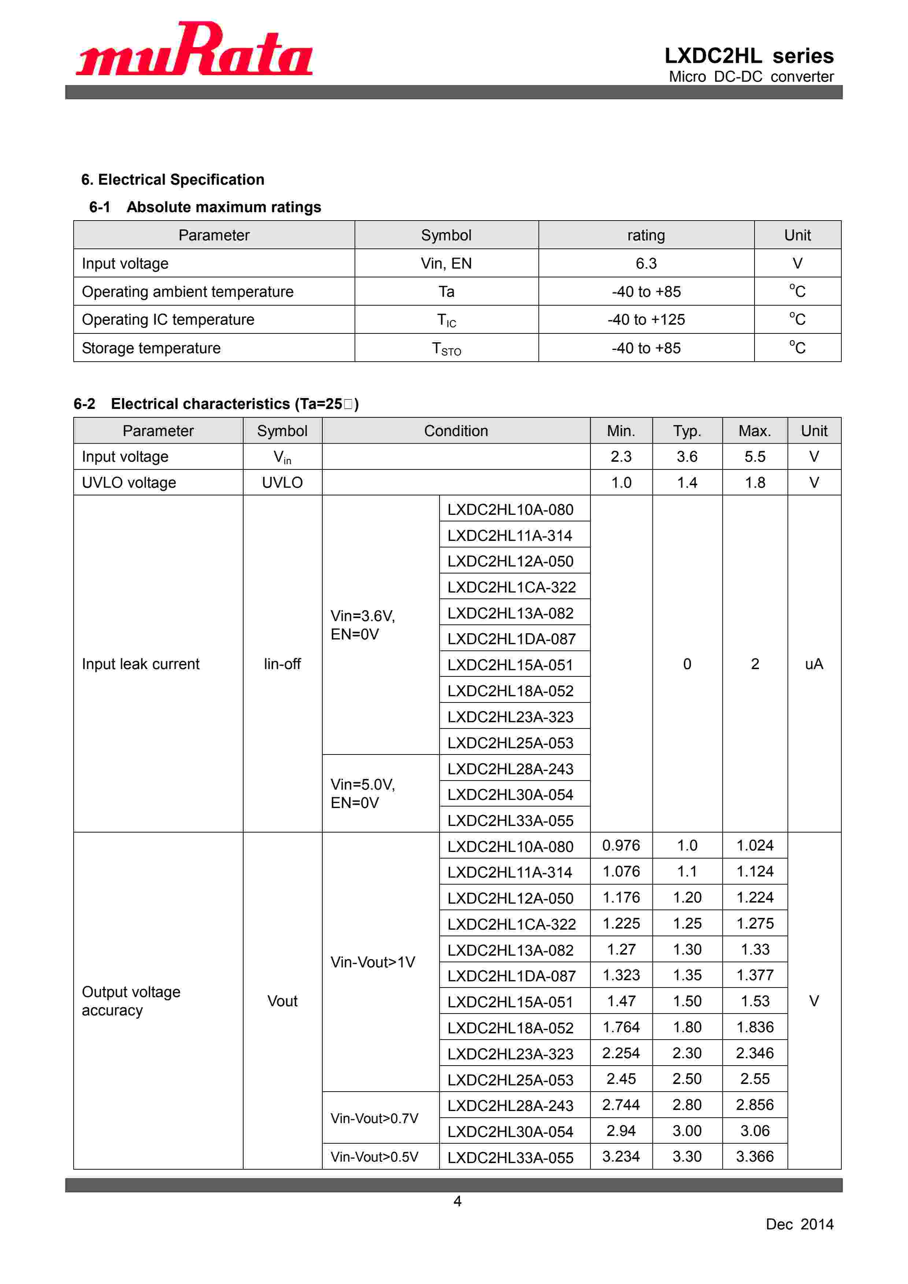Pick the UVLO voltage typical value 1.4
point(687,483)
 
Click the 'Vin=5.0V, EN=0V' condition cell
point(363,794)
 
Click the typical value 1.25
point(687,923)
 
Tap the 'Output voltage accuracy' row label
point(131,1001)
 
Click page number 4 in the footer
point(457,1201)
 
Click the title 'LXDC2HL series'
point(749,56)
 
